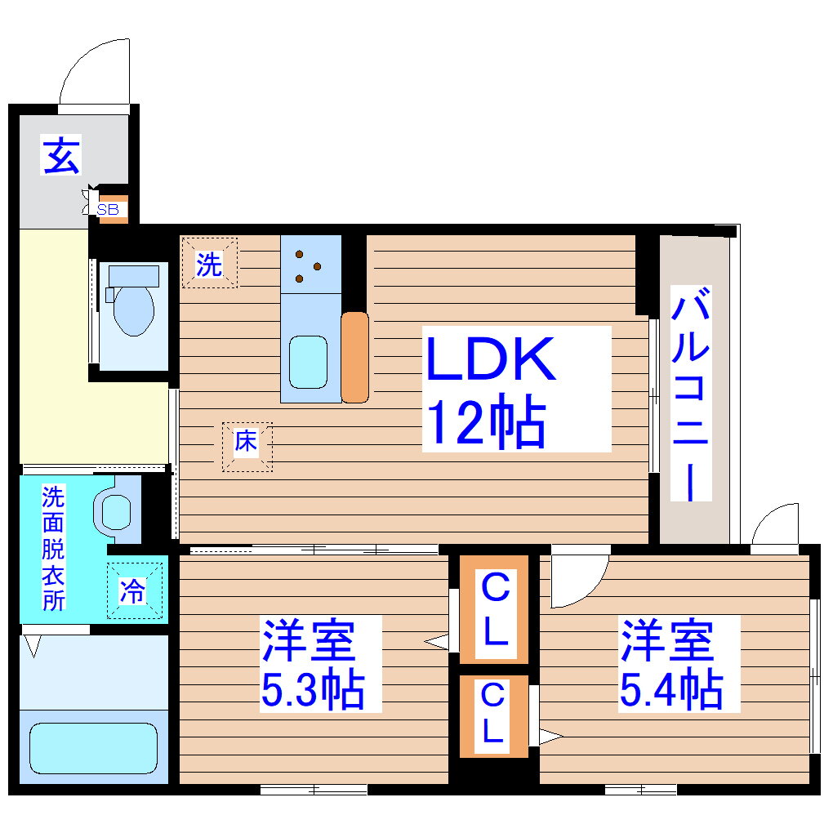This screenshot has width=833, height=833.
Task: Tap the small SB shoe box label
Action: click(108, 210)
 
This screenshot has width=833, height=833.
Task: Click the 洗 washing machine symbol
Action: click(209, 264)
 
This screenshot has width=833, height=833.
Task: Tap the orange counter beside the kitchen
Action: click(354, 357)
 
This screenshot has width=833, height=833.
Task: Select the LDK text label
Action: click(491, 359)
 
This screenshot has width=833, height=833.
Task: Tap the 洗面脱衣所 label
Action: click(53, 547)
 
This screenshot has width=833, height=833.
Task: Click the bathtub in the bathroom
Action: click(92, 747)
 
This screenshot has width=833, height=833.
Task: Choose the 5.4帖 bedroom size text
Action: click(670, 691)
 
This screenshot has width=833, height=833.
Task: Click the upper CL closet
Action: click(493, 608)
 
